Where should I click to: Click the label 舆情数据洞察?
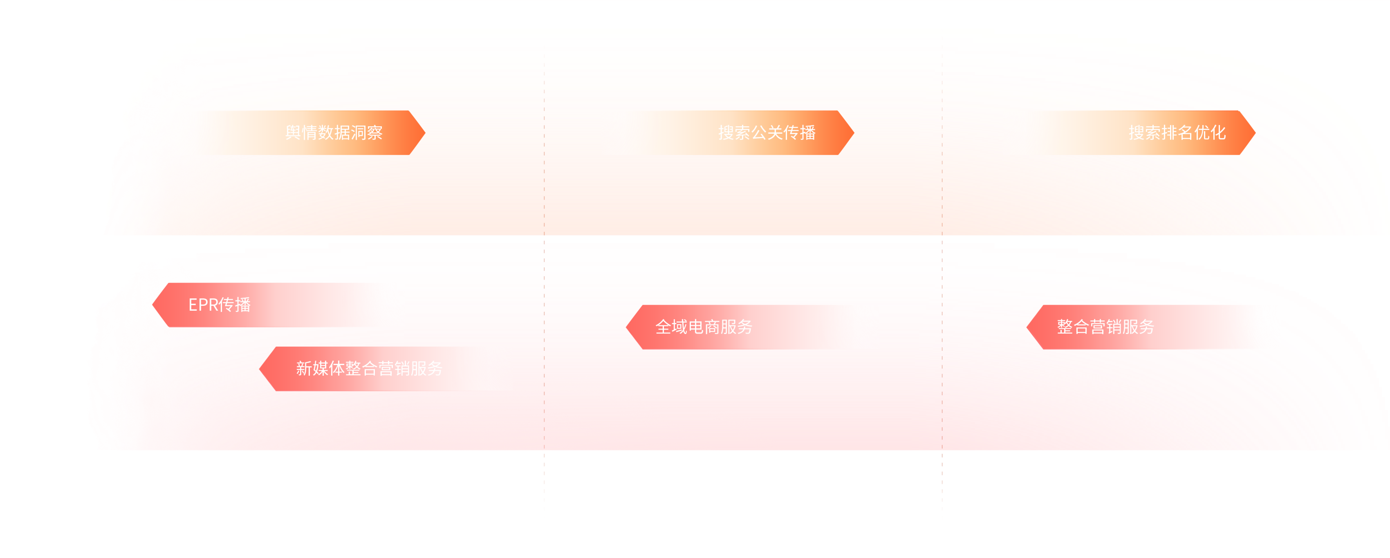coord(334,133)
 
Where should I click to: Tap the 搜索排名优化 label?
coord(1177,133)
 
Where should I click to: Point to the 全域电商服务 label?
coord(704,327)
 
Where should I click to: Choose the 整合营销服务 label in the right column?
coord(1105,327)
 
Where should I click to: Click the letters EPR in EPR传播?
coord(203,305)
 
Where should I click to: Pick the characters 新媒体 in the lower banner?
coord(320,369)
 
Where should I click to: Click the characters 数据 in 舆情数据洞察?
coord(334,133)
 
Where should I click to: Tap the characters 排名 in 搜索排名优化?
coord(1177,133)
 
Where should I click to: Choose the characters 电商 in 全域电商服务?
coord(704,327)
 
